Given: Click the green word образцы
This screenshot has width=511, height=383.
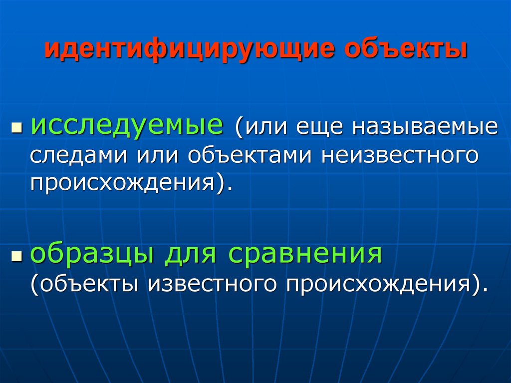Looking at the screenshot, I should [x=92, y=255].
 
